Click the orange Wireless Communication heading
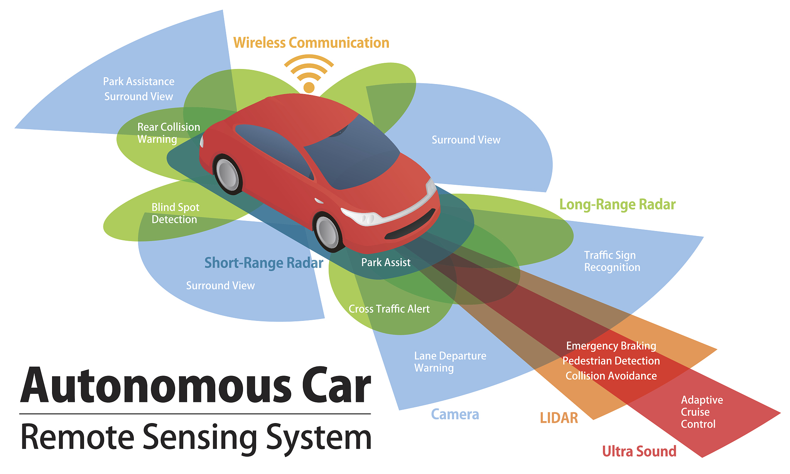(311, 43)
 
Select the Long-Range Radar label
(617, 204)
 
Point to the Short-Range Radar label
(263, 263)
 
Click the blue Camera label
(455, 414)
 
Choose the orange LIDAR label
(559, 418)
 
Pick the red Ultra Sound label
(639, 451)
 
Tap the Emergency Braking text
(611, 346)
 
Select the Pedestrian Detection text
(611, 361)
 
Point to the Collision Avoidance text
(611, 376)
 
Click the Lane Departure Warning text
(450, 362)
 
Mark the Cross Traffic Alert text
(389, 309)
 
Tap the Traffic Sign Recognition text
(612, 261)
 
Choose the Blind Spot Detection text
(175, 213)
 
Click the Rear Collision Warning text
(169, 133)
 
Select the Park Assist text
(386, 263)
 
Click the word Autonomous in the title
(156, 386)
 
